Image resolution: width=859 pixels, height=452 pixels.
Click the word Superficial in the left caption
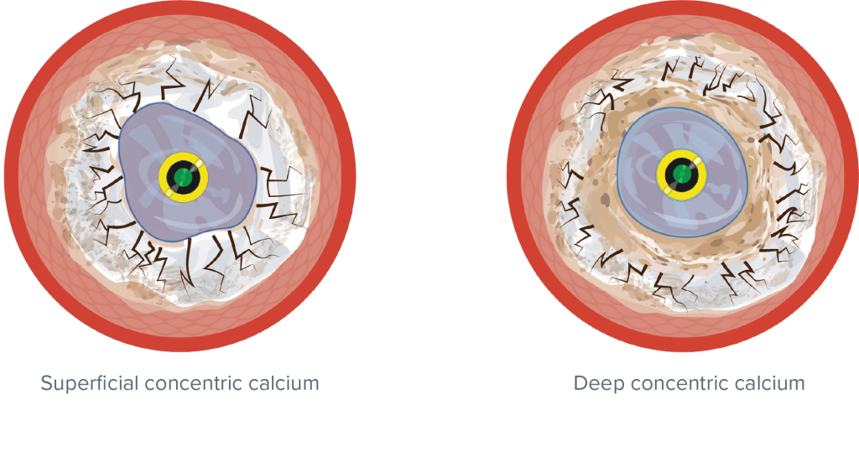pos(90,383)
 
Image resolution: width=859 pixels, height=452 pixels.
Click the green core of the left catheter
pos(184,177)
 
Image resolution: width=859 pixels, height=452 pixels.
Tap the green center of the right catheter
pos(681,174)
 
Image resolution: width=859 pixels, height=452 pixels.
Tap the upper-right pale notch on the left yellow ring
pos(200,163)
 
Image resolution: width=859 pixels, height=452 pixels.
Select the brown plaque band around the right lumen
pos(602,203)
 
